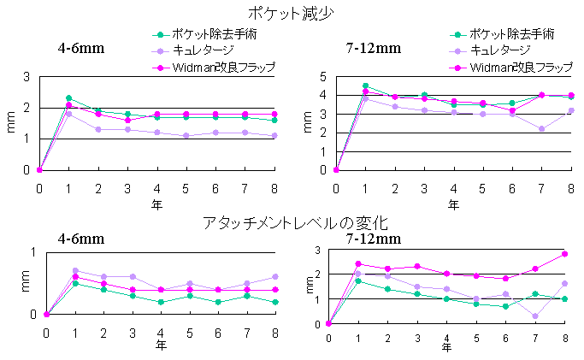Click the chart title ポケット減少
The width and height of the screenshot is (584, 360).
[292, 14]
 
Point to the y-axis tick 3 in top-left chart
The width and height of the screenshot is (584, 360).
[27, 77]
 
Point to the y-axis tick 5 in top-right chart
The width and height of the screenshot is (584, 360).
[324, 77]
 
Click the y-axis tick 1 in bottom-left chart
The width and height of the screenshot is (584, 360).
[33, 251]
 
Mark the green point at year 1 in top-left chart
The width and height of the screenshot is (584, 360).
[68, 98]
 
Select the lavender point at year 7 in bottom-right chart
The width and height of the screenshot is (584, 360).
[534, 316]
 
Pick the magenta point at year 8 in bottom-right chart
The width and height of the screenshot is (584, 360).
[565, 254]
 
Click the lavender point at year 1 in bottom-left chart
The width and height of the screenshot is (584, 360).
[75, 270]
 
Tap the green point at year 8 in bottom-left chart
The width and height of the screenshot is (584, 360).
[275, 302]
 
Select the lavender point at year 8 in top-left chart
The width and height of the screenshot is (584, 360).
[274, 135]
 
